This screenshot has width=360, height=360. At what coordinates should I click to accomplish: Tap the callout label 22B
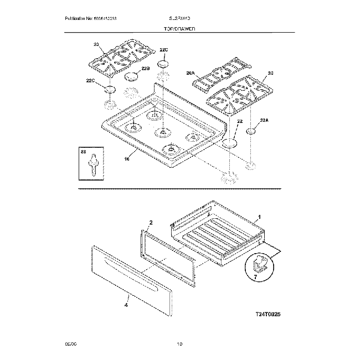tap(145, 68)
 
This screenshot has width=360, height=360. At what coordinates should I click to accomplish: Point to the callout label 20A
tap(191, 73)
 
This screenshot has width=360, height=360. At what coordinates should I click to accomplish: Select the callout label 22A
tap(264, 120)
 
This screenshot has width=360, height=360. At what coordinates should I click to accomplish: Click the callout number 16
tap(127, 158)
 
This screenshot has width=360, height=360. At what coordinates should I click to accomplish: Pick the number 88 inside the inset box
tap(84, 151)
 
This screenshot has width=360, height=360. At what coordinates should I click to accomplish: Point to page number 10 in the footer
tap(179, 344)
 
